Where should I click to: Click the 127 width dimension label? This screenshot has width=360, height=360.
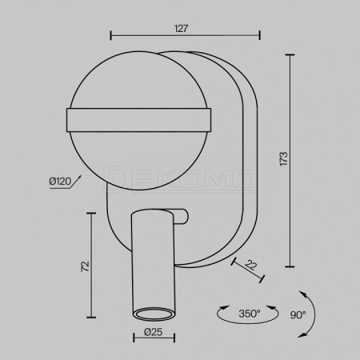pyautogui.click(x=182, y=28)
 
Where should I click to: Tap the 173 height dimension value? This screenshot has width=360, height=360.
pyautogui.click(x=284, y=159)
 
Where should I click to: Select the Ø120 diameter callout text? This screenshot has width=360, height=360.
pyautogui.click(x=60, y=182)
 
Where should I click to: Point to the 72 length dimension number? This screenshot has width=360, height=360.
pyautogui.click(x=85, y=266)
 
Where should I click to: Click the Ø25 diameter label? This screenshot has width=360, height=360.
pyautogui.click(x=154, y=332)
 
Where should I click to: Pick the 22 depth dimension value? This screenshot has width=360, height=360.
pyautogui.click(x=251, y=265)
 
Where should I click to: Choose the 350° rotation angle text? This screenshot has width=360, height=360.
pyautogui.click(x=250, y=314)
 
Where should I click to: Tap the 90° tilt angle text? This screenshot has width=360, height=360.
pyautogui.click(x=298, y=315)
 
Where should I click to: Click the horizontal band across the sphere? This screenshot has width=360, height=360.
pyautogui.click(x=138, y=120)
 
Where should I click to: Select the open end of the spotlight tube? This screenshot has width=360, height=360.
pyautogui.click(x=154, y=314)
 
